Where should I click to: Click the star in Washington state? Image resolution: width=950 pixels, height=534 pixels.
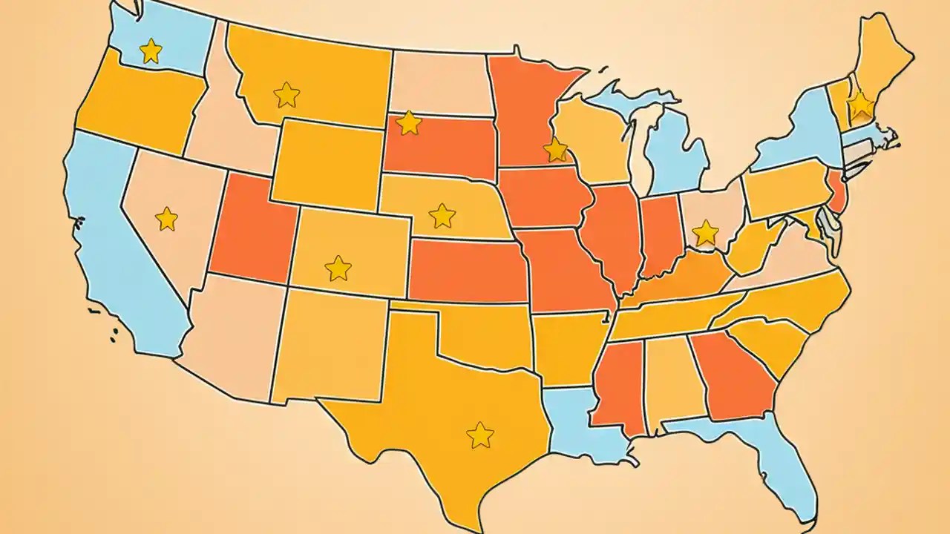pyautogui.click(x=151, y=51)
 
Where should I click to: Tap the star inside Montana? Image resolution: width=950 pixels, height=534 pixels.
pyautogui.click(x=286, y=95)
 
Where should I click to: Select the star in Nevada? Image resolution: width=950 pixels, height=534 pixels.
pyautogui.click(x=167, y=219)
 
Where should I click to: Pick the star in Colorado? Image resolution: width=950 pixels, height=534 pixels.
pyautogui.click(x=338, y=268)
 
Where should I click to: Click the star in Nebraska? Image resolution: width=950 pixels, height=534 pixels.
pyautogui.click(x=442, y=216)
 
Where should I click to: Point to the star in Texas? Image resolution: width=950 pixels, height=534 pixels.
pyautogui.click(x=479, y=435)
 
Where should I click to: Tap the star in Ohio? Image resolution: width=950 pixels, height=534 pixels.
pyautogui.click(x=705, y=233)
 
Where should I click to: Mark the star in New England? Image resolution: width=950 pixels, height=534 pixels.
pyautogui.click(x=860, y=105)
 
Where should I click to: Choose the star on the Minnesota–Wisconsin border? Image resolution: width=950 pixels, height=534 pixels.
pyautogui.click(x=555, y=150)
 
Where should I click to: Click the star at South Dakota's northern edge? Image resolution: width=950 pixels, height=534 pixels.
pyautogui.click(x=408, y=123)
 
